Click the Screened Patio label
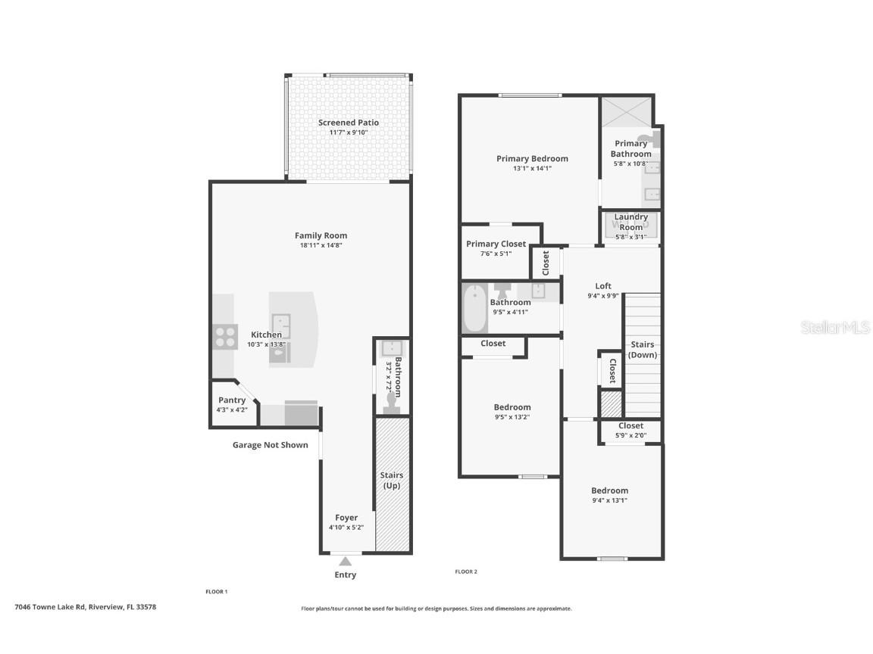pyautogui.click(x=348, y=123)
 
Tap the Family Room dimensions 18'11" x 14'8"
pyautogui.click(x=321, y=245)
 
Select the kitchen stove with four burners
pyautogui.click(x=224, y=335)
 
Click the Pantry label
pyautogui.click(x=232, y=400)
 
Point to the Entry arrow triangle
pyautogui.click(x=346, y=561)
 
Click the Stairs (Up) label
pyautogui.click(x=392, y=480)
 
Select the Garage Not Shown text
pyautogui.click(x=270, y=445)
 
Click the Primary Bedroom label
pyautogui.click(x=532, y=158)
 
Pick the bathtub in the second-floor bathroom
pyautogui.click(x=475, y=308)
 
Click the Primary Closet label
pyautogui.click(x=496, y=244)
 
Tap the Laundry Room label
pyautogui.click(x=630, y=222)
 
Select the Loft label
pyautogui.click(x=602, y=286)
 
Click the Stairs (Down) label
pyautogui.click(x=643, y=350)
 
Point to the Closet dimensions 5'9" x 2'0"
pyautogui.click(x=630, y=435)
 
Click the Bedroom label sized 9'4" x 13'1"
pyautogui.click(x=609, y=490)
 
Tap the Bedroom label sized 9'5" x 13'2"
pyautogui.click(x=512, y=407)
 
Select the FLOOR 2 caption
pyautogui.click(x=465, y=571)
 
